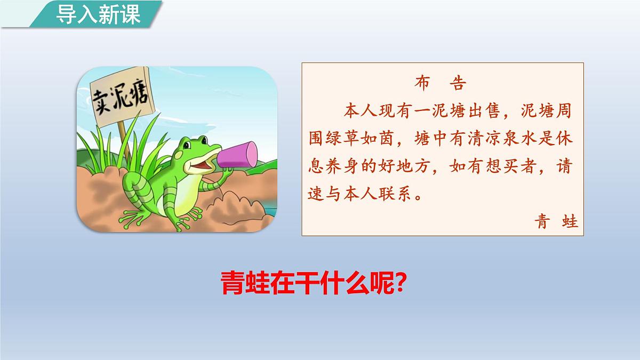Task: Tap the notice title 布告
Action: (x=439, y=84)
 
